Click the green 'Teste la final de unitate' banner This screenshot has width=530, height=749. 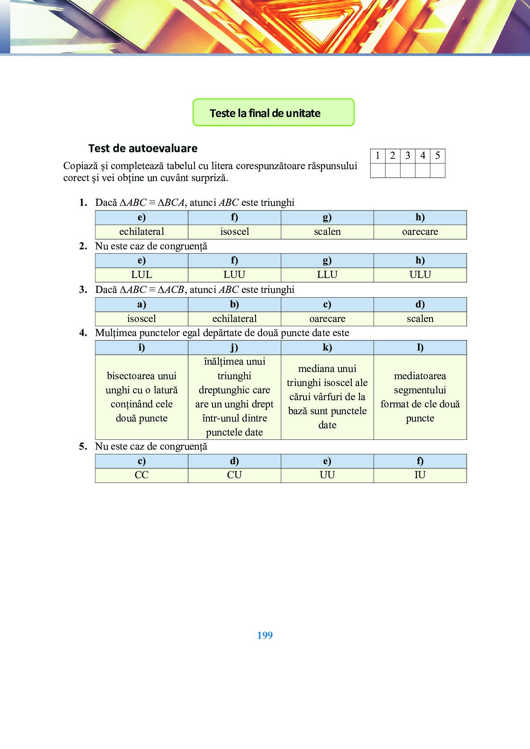(x=273, y=113)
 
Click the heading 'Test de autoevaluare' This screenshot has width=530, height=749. (x=143, y=148)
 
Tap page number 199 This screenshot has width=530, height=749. (x=265, y=635)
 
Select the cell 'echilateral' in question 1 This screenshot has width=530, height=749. (x=141, y=231)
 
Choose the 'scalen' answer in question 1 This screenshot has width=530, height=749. (x=327, y=231)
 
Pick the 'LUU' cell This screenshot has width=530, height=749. (x=234, y=275)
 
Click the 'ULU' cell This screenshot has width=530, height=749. (x=420, y=275)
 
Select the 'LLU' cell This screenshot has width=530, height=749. (x=327, y=275)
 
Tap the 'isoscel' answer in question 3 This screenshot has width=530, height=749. (x=141, y=319)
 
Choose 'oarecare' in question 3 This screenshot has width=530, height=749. (x=327, y=319)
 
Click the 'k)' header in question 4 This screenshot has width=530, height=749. (x=327, y=348)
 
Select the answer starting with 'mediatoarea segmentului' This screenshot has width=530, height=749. (x=420, y=397)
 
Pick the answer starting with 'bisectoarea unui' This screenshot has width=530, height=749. (x=141, y=397)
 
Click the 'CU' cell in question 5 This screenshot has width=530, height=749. (x=234, y=475)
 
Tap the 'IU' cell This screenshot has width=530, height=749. (x=420, y=475)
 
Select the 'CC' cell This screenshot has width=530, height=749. (x=141, y=475)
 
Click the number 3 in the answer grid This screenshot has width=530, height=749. (x=407, y=155)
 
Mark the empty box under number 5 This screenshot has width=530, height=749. (x=437, y=170)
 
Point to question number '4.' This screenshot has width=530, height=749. (x=83, y=333)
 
